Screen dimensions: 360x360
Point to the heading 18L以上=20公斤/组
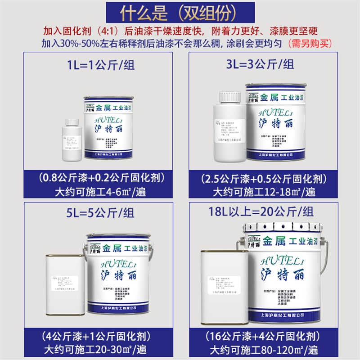tap(264, 211)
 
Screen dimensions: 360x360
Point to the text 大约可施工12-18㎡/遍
tap(264, 192)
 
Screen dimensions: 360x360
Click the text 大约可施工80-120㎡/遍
tap(264, 349)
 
